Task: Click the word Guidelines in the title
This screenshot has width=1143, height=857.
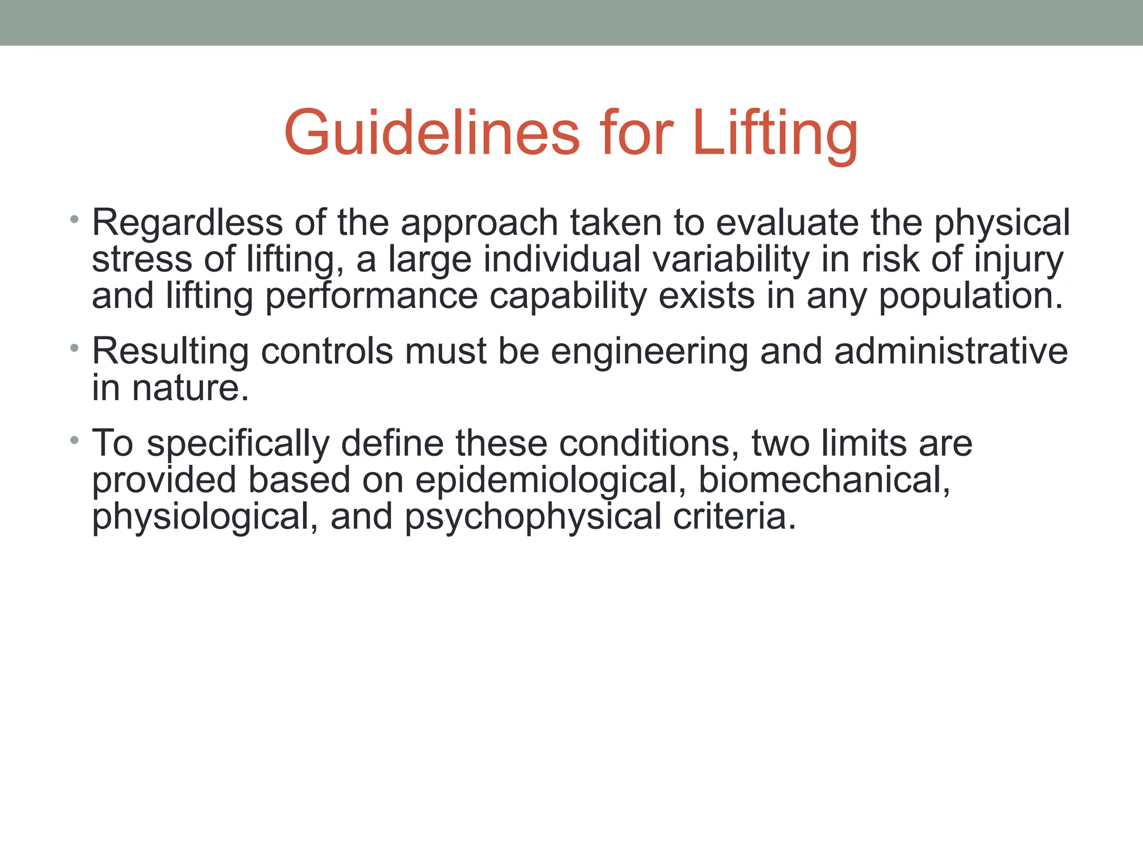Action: (x=432, y=134)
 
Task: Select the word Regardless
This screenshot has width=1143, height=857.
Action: (x=188, y=223)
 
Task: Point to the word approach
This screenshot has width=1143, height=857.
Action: (x=479, y=223)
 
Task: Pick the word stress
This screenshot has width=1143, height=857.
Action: (x=142, y=260)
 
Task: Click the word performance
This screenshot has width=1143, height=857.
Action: (x=371, y=297)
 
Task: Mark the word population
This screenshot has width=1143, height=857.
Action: (x=971, y=297)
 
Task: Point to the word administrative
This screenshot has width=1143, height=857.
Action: (x=950, y=352)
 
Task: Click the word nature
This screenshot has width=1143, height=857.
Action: (x=190, y=388)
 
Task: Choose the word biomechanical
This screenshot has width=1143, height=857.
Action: (x=824, y=480)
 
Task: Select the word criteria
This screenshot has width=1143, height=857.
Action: (x=734, y=517)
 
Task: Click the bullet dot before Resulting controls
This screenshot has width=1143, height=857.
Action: (x=74, y=348)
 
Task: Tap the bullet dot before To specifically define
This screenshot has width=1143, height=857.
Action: (x=74, y=440)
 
